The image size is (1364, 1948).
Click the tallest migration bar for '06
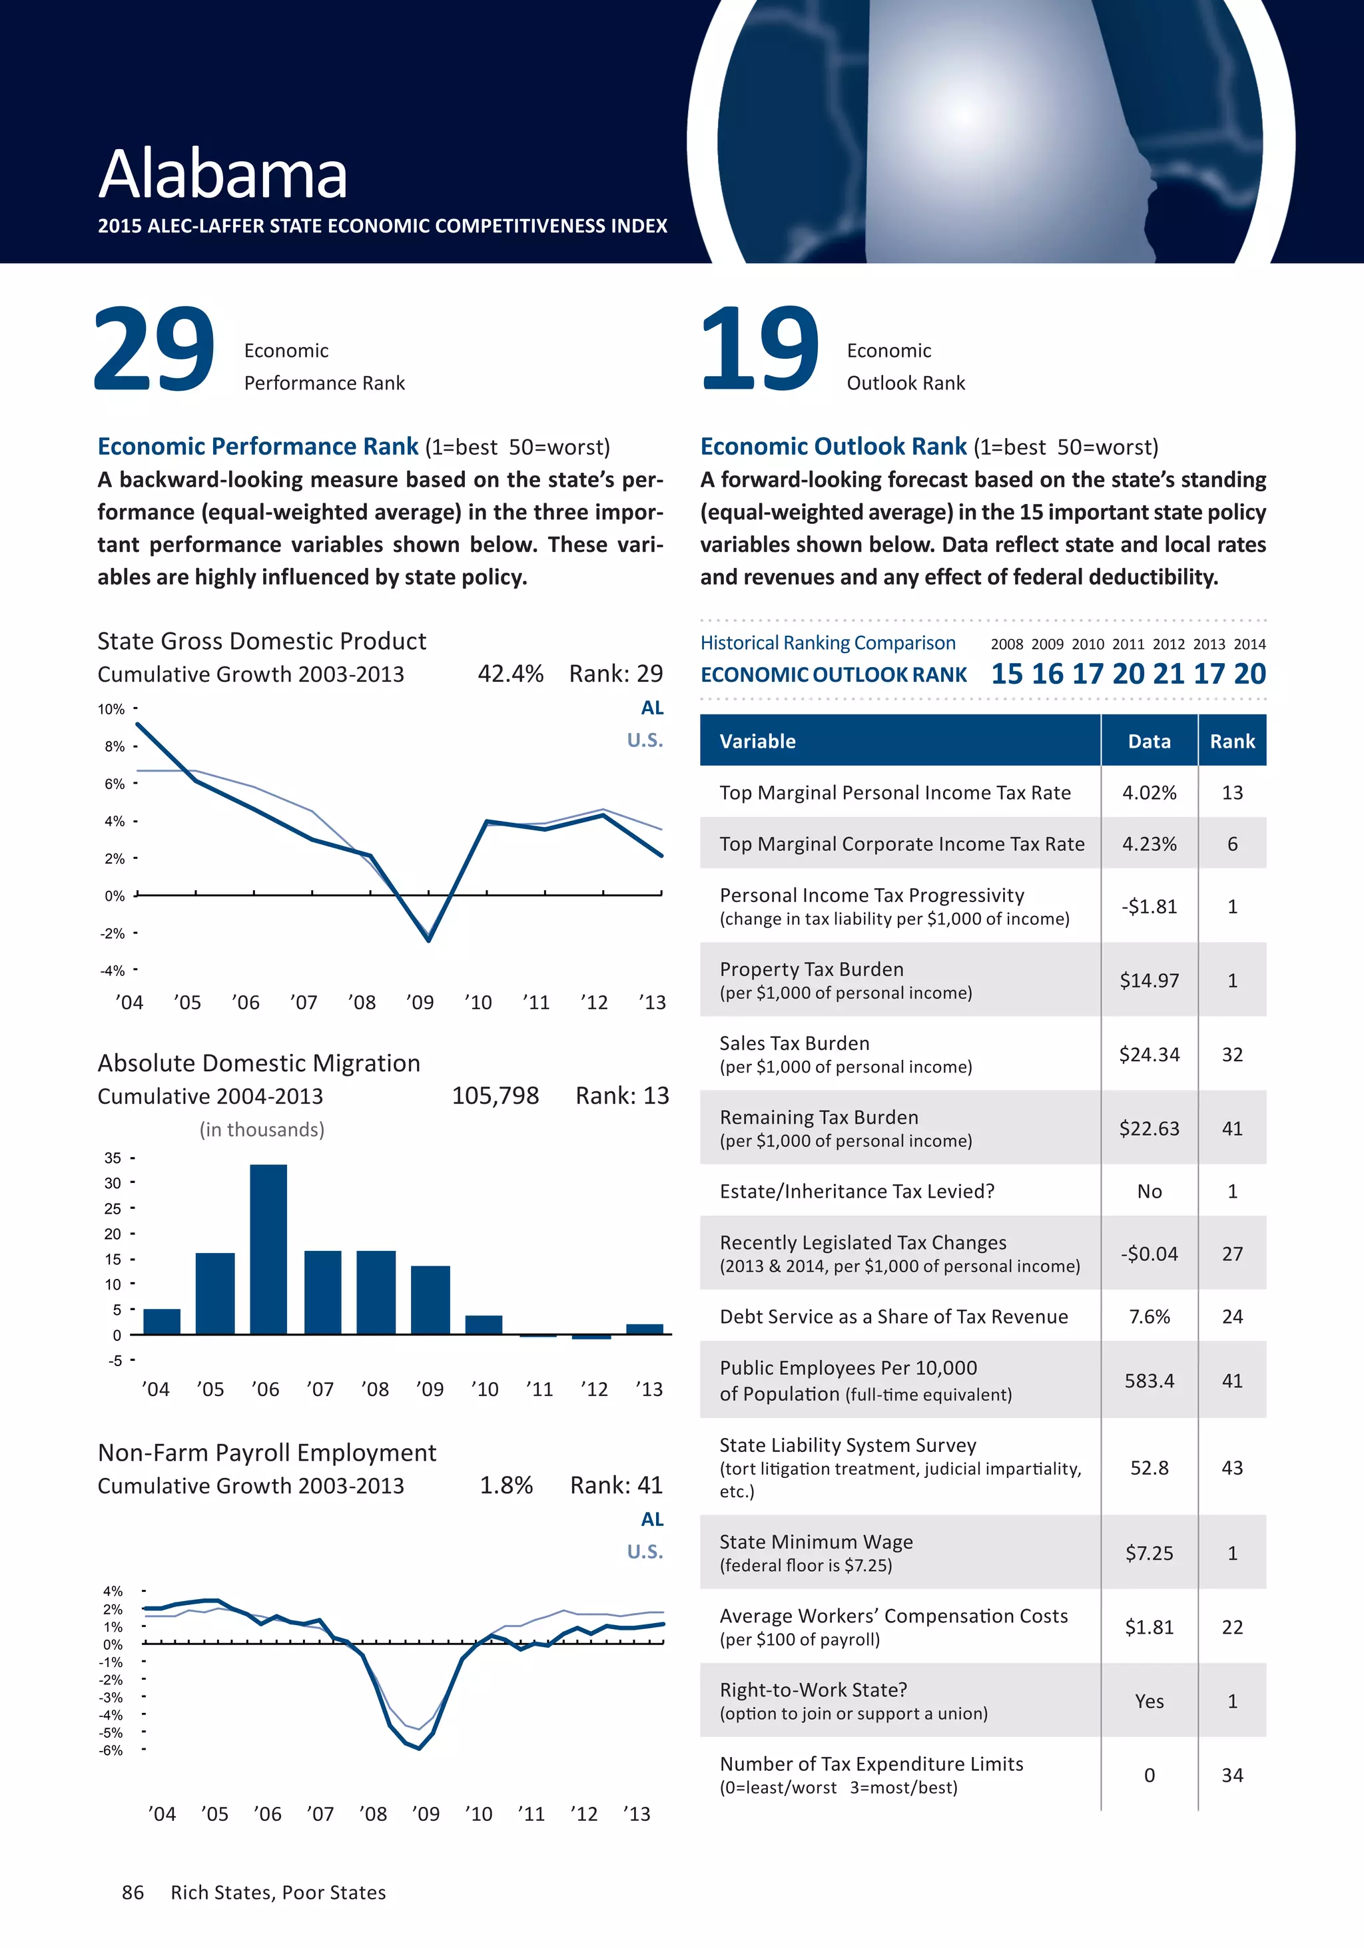[268, 1249]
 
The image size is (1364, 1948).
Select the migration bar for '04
[161, 1322]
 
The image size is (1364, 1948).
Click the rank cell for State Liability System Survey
[1231, 1468]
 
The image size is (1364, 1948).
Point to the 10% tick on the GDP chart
[111, 709]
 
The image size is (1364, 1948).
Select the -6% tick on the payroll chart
[111, 1750]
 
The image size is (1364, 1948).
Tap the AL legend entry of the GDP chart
[652, 708]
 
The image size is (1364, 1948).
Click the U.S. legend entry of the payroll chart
[645, 1552]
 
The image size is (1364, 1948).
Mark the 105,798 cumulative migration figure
[495, 1096]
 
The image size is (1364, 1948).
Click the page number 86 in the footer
[133, 1893]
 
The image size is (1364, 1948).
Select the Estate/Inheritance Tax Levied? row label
[856, 1191]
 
